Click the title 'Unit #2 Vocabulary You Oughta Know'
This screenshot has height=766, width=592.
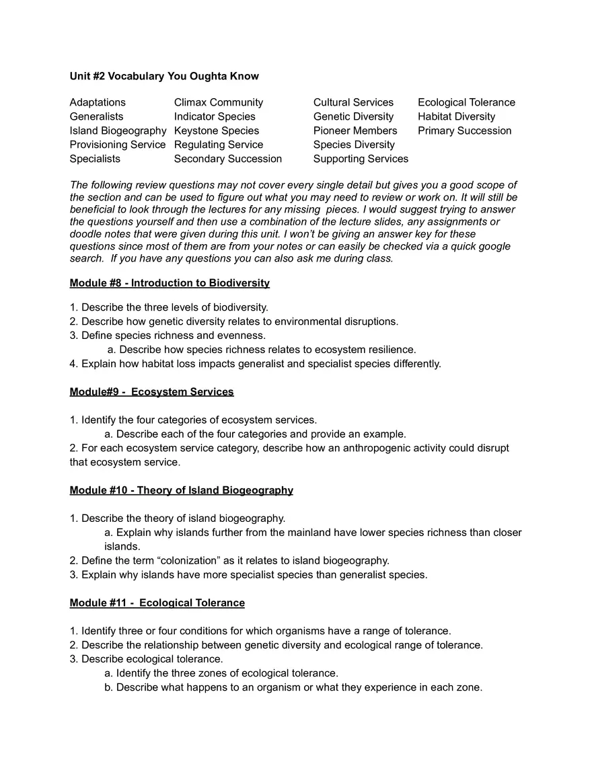[164, 76]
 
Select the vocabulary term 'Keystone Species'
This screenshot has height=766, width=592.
[216, 130]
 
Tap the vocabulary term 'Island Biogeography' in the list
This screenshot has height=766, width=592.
[118, 130]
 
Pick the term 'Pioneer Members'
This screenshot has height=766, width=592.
[355, 130]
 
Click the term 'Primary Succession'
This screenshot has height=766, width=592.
[464, 130]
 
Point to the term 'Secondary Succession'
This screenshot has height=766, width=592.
[227, 159]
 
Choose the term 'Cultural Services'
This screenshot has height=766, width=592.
[353, 102]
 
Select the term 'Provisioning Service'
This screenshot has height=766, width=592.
[117, 145]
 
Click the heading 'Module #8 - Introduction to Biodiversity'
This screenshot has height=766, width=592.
[170, 283]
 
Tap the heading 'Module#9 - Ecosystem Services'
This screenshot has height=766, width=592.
[151, 391]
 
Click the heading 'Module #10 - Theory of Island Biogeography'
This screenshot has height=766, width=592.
[181, 490]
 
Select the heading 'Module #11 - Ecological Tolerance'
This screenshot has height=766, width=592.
[157, 603]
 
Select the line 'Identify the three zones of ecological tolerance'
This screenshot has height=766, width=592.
[227, 673]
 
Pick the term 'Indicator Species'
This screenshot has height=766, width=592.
[215, 116]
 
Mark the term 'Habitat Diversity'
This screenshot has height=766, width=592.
[456, 116]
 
